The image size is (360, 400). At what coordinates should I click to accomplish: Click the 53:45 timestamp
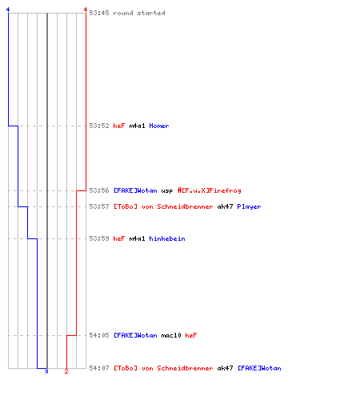tap(99, 13)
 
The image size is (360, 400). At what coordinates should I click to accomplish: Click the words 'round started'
tap(139, 13)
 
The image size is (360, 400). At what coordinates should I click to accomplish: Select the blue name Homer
tap(159, 126)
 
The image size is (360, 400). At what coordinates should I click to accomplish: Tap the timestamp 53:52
tap(99, 126)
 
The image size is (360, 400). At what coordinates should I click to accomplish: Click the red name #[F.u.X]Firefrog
tap(209, 190)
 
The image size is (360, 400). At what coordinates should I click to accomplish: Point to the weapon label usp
tap(167, 191)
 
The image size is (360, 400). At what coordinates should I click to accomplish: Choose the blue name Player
tap(249, 206)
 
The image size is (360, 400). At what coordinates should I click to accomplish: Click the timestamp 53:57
tap(99, 206)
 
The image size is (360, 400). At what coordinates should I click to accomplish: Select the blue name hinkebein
tap(167, 238)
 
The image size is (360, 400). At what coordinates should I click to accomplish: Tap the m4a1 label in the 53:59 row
tap(137, 238)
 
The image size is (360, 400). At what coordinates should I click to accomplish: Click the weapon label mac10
tap(171, 335)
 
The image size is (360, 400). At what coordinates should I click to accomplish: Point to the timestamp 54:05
tap(99, 335)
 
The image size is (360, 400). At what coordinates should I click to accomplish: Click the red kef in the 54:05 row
tap(191, 335)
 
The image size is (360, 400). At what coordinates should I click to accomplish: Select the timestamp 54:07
tap(99, 368)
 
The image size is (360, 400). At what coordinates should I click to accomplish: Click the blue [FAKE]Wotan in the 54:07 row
tap(259, 368)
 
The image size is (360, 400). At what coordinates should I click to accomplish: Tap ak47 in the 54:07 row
tap(225, 368)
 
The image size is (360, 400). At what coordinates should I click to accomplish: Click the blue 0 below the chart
tap(46, 371)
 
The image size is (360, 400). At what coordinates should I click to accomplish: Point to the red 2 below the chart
tap(66, 371)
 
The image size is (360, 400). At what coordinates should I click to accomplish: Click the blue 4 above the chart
tap(8, 10)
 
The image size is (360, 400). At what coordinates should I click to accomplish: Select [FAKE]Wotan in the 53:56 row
tap(135, 190)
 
